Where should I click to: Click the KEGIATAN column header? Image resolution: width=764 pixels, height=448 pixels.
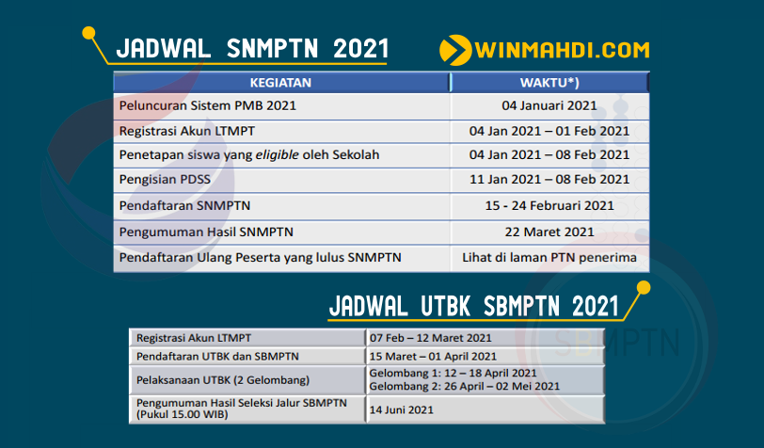[x=280, y=82]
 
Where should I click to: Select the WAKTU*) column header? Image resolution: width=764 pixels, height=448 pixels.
[x=550, y=82]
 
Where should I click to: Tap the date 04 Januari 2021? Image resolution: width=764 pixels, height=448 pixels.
[x=550, y=105]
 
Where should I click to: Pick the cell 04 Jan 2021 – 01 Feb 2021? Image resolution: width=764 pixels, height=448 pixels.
[x=550, y=131]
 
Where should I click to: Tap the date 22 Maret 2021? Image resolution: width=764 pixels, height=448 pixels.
[x=550, y=231]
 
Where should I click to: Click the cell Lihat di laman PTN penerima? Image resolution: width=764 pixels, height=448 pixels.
[x=550, y=256]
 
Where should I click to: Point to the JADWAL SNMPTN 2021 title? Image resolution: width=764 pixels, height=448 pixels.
[x=251, y=49]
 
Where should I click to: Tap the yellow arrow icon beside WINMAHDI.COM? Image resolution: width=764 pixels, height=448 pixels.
[x=455, y=49]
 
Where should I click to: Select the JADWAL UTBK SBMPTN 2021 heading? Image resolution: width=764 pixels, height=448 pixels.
[x=474, y=307]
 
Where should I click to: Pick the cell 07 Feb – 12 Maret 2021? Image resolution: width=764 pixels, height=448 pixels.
[x=431, y=337]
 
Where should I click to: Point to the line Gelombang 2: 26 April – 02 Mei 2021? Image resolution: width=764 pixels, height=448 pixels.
[x=465, y=386]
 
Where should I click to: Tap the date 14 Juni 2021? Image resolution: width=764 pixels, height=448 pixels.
[x=402, y=410]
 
